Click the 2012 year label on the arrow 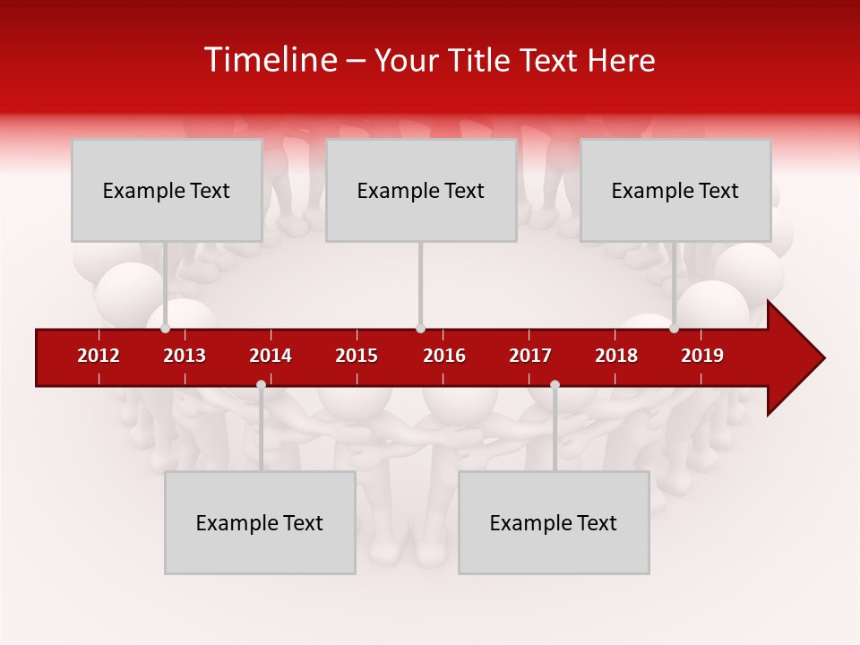pos(99,356)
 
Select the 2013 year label pos(185,356)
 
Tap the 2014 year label pos(271,356)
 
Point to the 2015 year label pos(357,356)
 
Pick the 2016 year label pos(444,356)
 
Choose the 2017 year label pos(530,356)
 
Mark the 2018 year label pos(616,356)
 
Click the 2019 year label pos(702,356)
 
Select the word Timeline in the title pos(270,60)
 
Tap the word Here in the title pos(621,60)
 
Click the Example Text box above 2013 pos(167,190)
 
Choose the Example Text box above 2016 pos(421,190)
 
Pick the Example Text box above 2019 pos(675,190)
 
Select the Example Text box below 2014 pos(260,522)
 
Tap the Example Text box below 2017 pos(554,522)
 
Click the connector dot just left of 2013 pos(166,329)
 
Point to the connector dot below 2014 pos(261,384)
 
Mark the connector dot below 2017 pos(555,384)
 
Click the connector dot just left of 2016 pos(420,329)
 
